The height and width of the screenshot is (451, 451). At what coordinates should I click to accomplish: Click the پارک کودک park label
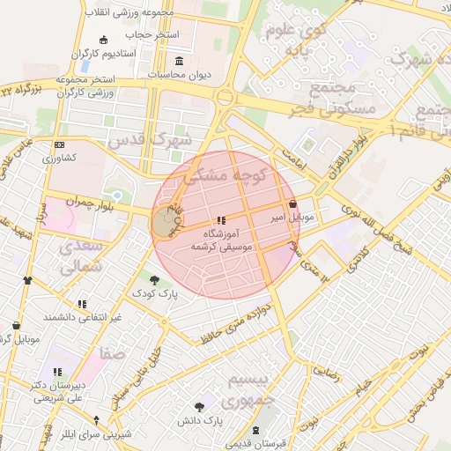pos(155,292)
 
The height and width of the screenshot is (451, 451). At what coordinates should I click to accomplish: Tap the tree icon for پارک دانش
pos(200,407)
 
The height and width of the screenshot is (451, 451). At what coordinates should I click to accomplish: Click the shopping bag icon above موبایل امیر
pos(292,203)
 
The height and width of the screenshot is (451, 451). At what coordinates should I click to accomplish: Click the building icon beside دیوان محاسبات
pos(181,61)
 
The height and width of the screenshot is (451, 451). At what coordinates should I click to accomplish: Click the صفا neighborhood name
pos(112,352)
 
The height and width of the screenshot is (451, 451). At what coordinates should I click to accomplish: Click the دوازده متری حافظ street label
pos(231,326)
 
